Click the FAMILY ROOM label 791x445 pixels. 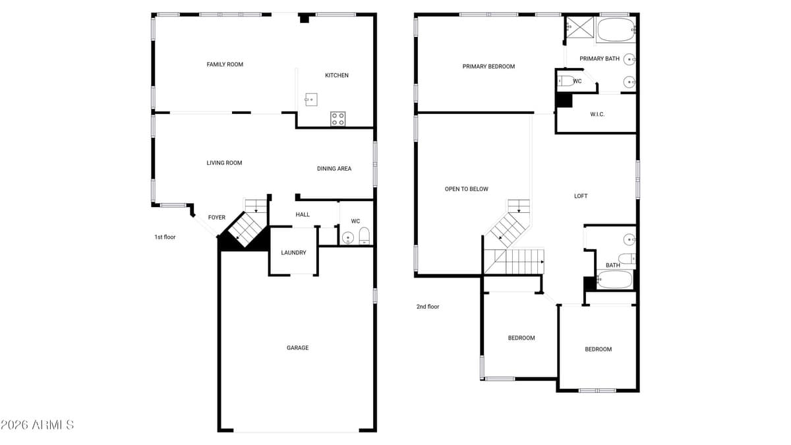click(x=225, y=65)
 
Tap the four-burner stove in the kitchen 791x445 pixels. click(x=337, y=119)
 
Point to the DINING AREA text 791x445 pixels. click(x=334, y=169)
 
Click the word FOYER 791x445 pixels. click(x=217, y=218)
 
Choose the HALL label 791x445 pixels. click(x=303, y=215)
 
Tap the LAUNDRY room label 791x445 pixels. click(x=293, y=252)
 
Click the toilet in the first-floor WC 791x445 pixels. click(x=365, y=236)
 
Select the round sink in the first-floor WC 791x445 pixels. click(x=348, y=237)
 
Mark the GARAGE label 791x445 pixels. click(x=297, y=348)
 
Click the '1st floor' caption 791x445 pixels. click(x=165, y=237)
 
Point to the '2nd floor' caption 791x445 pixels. click(x=428, y=307)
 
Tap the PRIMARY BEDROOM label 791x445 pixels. click(x=488, y=67)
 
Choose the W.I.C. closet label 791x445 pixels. click(x=597, y=115)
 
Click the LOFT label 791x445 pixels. click(x=581, y=196)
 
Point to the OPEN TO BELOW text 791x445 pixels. click(x=467, y=189)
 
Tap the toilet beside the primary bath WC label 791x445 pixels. click(x=566, y=82)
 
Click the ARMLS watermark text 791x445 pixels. click(x=37, y=425)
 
